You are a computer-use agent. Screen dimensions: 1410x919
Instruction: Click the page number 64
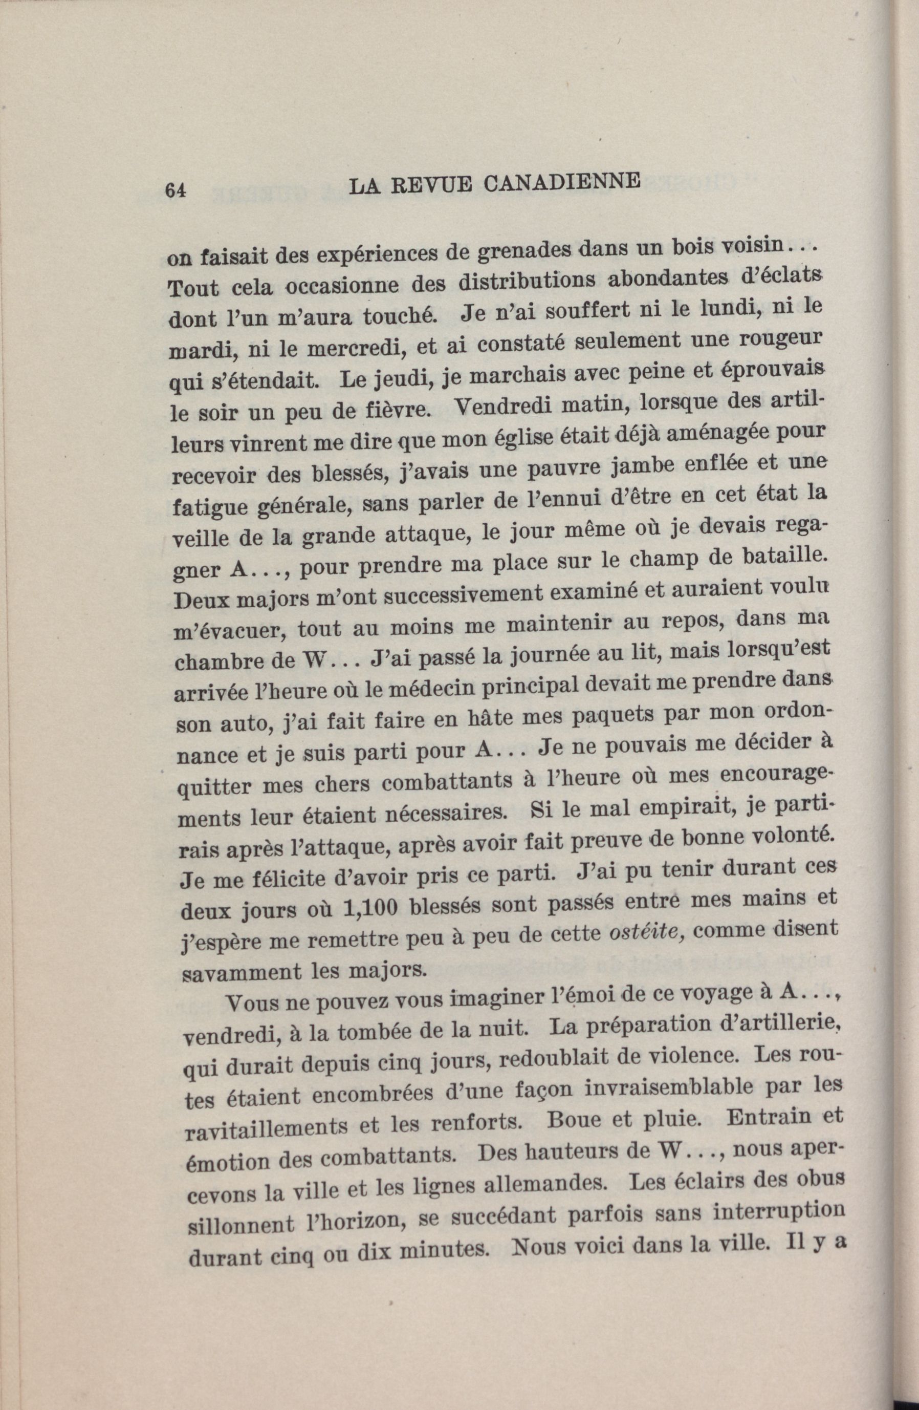[177, 189]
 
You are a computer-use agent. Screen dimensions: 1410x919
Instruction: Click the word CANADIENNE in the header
[562, 182]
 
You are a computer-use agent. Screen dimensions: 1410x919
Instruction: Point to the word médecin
[467, 687]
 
